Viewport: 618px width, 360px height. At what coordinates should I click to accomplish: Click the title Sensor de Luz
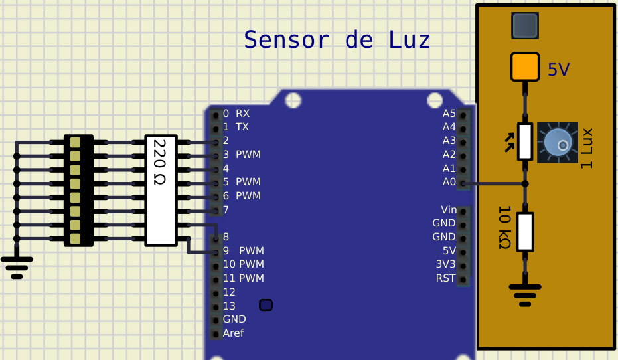[337, 40]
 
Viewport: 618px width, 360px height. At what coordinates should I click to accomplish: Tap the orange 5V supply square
[524, 66]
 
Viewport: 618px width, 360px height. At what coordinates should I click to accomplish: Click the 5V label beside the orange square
[559, 69]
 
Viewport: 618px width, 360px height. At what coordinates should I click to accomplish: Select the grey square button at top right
[524, 26]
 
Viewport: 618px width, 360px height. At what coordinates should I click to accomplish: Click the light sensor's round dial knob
[558, 143]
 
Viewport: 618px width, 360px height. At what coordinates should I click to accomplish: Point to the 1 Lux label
[586, 147]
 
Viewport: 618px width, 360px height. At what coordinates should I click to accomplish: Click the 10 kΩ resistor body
[525, 231]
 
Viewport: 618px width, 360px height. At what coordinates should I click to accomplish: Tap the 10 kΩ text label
[504, 228]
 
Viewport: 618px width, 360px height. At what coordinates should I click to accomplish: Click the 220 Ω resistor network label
[159, 162]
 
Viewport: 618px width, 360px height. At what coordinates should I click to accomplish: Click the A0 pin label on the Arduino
[449, 182]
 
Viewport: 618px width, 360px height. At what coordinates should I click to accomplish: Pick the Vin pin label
[448, 210]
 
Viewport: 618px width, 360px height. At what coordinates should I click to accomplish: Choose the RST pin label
[446, 278]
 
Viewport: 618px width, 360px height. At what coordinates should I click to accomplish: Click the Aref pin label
[233, 333]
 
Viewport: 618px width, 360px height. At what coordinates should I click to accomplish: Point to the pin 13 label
[229, 306]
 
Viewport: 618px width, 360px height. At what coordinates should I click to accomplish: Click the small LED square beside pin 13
[266, 305]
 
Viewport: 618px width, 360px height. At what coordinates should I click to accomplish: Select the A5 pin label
[449, 113]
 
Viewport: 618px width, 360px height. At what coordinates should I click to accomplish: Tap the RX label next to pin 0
[242, 113]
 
